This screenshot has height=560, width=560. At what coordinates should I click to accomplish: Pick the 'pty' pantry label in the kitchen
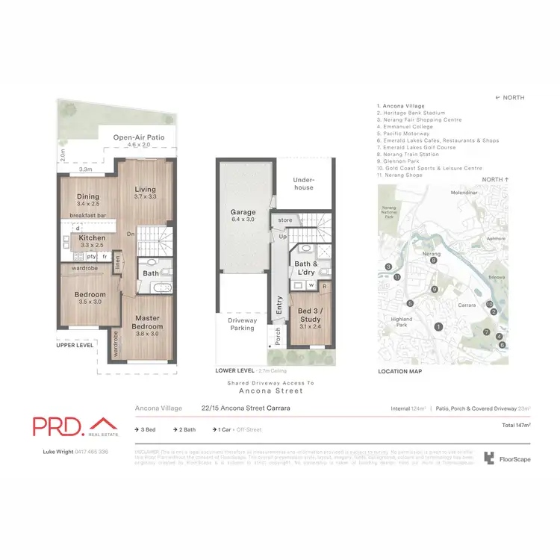click(x=91, y=257)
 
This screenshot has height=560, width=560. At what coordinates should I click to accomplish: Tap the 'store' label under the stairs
click(x=285, y=220)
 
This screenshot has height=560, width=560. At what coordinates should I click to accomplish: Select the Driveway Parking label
click(x=243, y=324)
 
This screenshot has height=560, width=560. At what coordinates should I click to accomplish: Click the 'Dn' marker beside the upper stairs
click(x=131, y=234)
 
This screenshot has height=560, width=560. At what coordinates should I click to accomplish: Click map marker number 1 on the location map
click(x=438, y=326)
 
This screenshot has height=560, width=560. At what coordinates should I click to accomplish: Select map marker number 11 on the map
click(x=397, y=277)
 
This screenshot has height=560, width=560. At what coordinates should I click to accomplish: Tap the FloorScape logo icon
click(x=489, y=458)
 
